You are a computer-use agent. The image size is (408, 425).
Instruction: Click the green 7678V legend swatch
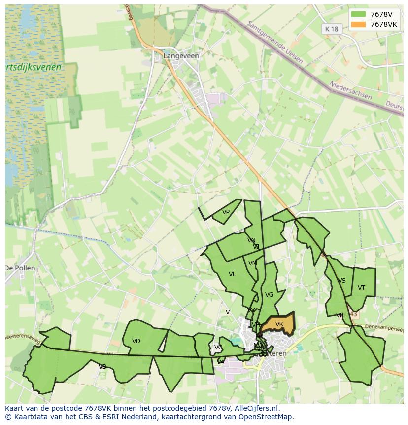click(358, 14)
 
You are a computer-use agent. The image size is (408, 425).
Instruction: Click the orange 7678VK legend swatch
click(358, 24)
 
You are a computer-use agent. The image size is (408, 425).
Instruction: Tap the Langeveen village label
click(181, 56)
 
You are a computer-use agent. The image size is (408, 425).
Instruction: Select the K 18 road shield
click(332, 29)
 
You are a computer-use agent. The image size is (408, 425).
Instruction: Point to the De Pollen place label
click(20, 268)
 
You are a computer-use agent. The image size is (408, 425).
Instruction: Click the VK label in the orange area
click(279, 324)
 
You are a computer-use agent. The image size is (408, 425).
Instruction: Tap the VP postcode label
click(226, 212)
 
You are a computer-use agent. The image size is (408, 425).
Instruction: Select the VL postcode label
click(232, 274)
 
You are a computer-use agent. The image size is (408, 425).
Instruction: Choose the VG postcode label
click(269, 295)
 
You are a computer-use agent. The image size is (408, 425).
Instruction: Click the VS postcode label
click(341, 281)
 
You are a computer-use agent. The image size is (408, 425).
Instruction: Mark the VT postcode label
click(361, 288)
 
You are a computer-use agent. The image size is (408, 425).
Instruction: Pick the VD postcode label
click(136, 341)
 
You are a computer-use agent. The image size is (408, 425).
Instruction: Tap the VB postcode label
click(102, 367)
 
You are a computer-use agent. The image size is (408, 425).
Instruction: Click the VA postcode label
click(220, 362)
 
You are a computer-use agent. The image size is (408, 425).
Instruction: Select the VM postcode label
click(253, 263)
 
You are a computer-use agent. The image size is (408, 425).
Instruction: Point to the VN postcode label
click(251, 240)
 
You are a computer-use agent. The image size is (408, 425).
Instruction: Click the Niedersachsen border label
click(350, 90)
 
